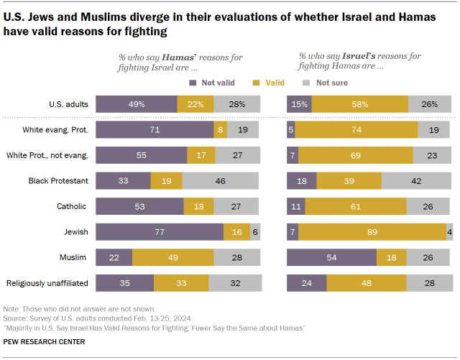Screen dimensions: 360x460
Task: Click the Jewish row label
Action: point(73,231)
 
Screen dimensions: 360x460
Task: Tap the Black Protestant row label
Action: point(57,180)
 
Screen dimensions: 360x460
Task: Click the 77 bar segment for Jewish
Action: point(159,231)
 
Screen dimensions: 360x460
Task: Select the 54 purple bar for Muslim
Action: point(331,257)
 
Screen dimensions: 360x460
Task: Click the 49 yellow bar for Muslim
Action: point(172,257)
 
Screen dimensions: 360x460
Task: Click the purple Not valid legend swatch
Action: point(193,83)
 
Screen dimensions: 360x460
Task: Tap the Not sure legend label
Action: point(332,83)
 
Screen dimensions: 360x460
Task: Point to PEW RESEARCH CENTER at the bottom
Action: point(45,341)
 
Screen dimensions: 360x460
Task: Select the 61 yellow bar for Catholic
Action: point(356,206)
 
